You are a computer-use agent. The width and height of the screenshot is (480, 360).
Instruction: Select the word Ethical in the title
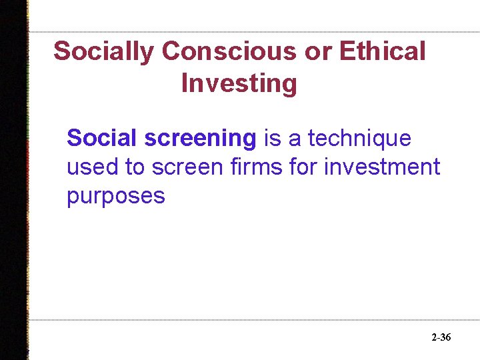(x=383, y=51)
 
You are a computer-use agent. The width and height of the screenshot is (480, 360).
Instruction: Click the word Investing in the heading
(x=239, y=85)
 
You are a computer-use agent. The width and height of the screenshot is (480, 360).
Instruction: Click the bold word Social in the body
(x=102, y=138)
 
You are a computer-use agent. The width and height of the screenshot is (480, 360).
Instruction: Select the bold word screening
(x=200, y=139)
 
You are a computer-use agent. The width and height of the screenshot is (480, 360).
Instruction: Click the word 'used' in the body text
(x=92, y=167)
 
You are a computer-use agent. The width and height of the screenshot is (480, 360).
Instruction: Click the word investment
(x=382, y=167)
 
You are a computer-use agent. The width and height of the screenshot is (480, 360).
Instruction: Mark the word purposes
(x=115, y=197)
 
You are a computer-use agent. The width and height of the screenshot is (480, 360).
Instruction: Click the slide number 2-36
(x=441, y=338)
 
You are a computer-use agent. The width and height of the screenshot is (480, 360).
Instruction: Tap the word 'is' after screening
(x=273, y=139)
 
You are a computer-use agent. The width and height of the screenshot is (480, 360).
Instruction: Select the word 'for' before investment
(x=304, y=167)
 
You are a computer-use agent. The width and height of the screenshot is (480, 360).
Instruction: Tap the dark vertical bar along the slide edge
(x=14, y=180)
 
